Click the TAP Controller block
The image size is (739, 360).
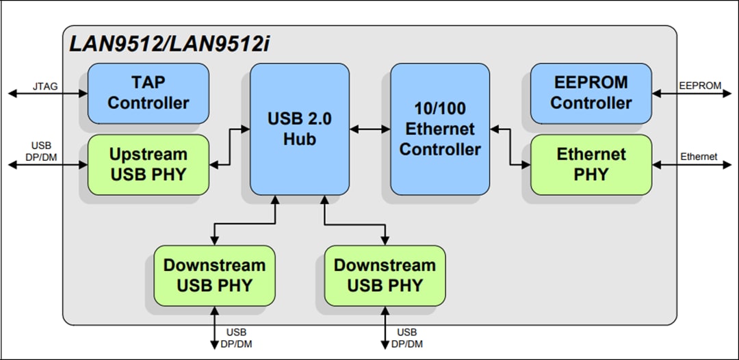(x=148, y=93)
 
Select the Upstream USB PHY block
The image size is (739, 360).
(x=148, y=164)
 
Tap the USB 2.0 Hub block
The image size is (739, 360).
(x=300, y=129)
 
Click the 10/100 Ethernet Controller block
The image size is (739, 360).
(x=440, y=129)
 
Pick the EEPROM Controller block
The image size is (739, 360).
(x=591, y=93)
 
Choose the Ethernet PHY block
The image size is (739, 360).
(x=591, y=164)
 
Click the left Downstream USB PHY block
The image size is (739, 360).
(x=213, y=275)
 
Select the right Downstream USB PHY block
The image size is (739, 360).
(x=385, y=275)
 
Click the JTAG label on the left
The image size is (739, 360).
(x=45, y=86)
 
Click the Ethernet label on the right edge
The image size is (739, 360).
(x=699, y=157)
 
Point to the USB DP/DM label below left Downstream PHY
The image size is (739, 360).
(x=237, y=338)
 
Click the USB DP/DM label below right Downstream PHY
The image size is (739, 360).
(x=407, y=338)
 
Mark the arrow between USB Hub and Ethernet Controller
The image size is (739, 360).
(x=369, y=129)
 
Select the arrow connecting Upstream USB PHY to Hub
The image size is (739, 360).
(x=229, y=146)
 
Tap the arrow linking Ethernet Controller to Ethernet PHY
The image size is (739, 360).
(x=510, y=146)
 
